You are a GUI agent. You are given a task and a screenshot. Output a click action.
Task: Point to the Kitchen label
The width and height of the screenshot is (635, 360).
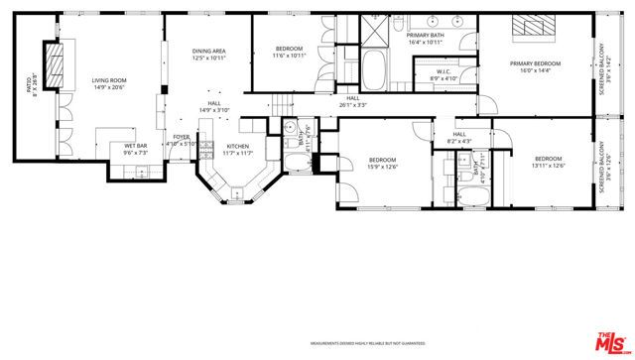point(236,149)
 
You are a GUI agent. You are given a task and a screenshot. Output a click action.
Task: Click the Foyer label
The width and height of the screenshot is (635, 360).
point(182,139)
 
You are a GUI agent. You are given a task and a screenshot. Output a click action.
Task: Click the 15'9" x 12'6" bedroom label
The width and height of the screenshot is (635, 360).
point(382,163)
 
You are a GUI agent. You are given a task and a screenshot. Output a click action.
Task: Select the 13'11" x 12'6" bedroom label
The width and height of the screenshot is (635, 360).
point(548,163)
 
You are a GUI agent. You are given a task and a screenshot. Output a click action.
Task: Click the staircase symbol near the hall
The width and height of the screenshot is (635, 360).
point(284,102)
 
